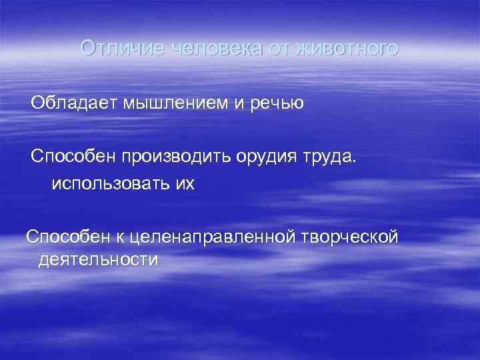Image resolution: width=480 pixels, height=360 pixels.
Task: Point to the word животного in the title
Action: pyautogui.click(x=348, y=49)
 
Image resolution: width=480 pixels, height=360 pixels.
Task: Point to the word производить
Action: pyautogui.click(x=175, y=157)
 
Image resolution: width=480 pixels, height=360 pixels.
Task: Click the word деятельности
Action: pyautogui.click(x=99, y=259)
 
